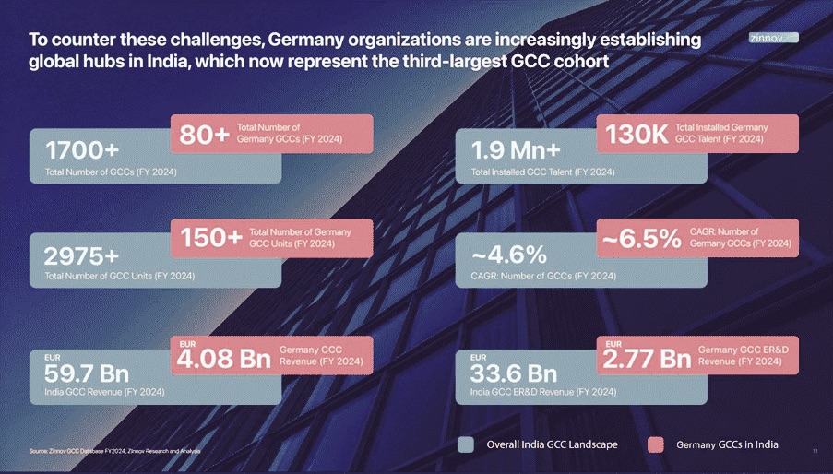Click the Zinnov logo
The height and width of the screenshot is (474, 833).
[773, 38]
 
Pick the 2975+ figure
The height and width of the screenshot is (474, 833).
[81, 255]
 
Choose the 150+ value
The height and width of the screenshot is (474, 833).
[211, 239]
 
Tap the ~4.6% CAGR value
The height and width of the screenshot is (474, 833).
[509, 255]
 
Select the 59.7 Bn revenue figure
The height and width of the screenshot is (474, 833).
[87, 373]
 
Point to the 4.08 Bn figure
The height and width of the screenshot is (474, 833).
[224, 359]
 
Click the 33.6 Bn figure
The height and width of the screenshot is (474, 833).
[514, 373]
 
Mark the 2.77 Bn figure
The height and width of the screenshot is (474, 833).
[647, 359]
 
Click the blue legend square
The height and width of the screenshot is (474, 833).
[467, 444]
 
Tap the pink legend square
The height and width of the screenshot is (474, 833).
[655, 444]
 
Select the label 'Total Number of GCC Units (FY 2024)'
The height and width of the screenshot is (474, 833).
[119, 276]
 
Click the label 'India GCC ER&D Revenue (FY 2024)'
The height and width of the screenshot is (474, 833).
[543, 393]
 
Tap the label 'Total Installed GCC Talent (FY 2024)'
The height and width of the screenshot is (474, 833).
[542, 172]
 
